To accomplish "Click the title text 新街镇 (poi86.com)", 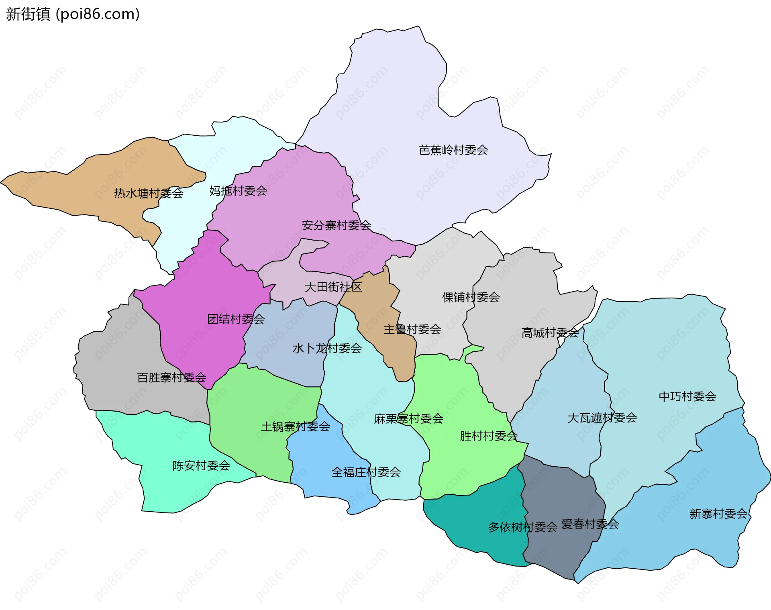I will coord(73,14).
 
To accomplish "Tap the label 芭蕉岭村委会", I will coord(453,150).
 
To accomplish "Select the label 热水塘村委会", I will coord(149,194).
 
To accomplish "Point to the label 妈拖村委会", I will coord(238,191).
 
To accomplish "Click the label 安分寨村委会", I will coord(336,225).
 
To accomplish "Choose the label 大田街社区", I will coord(333,287).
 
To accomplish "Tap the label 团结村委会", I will coord(236,319).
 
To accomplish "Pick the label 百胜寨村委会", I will coord(171,377).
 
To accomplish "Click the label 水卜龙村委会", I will coord(327,348).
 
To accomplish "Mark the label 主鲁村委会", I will coord(412,329).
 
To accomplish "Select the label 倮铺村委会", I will coord(471,297).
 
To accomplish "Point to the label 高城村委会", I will coord(550,333).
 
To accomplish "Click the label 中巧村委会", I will coord(687,396).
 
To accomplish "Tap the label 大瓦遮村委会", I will coord(602,418).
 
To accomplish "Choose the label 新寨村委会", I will coord(718,514).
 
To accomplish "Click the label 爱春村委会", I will coord(590,524).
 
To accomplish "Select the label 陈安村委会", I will coord(201,465).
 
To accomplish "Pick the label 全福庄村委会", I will coord(366,472).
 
